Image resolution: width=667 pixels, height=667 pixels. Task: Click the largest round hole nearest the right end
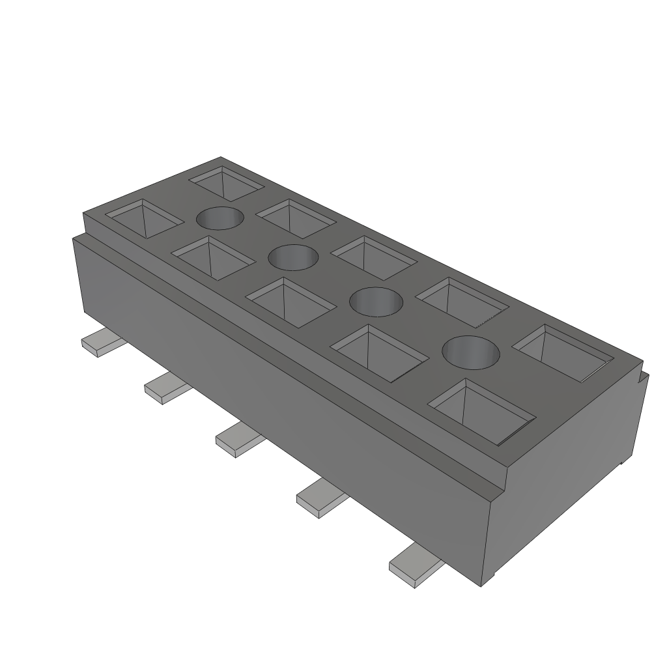tap(471, 352)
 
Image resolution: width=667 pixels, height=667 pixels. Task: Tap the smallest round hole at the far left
tap(220, 218)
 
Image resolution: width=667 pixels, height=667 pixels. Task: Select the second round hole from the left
tap(294, 257)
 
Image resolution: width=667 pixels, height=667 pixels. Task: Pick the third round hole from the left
tap(376, 302)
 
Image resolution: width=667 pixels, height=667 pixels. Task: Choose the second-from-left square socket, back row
tap(296, 218)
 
